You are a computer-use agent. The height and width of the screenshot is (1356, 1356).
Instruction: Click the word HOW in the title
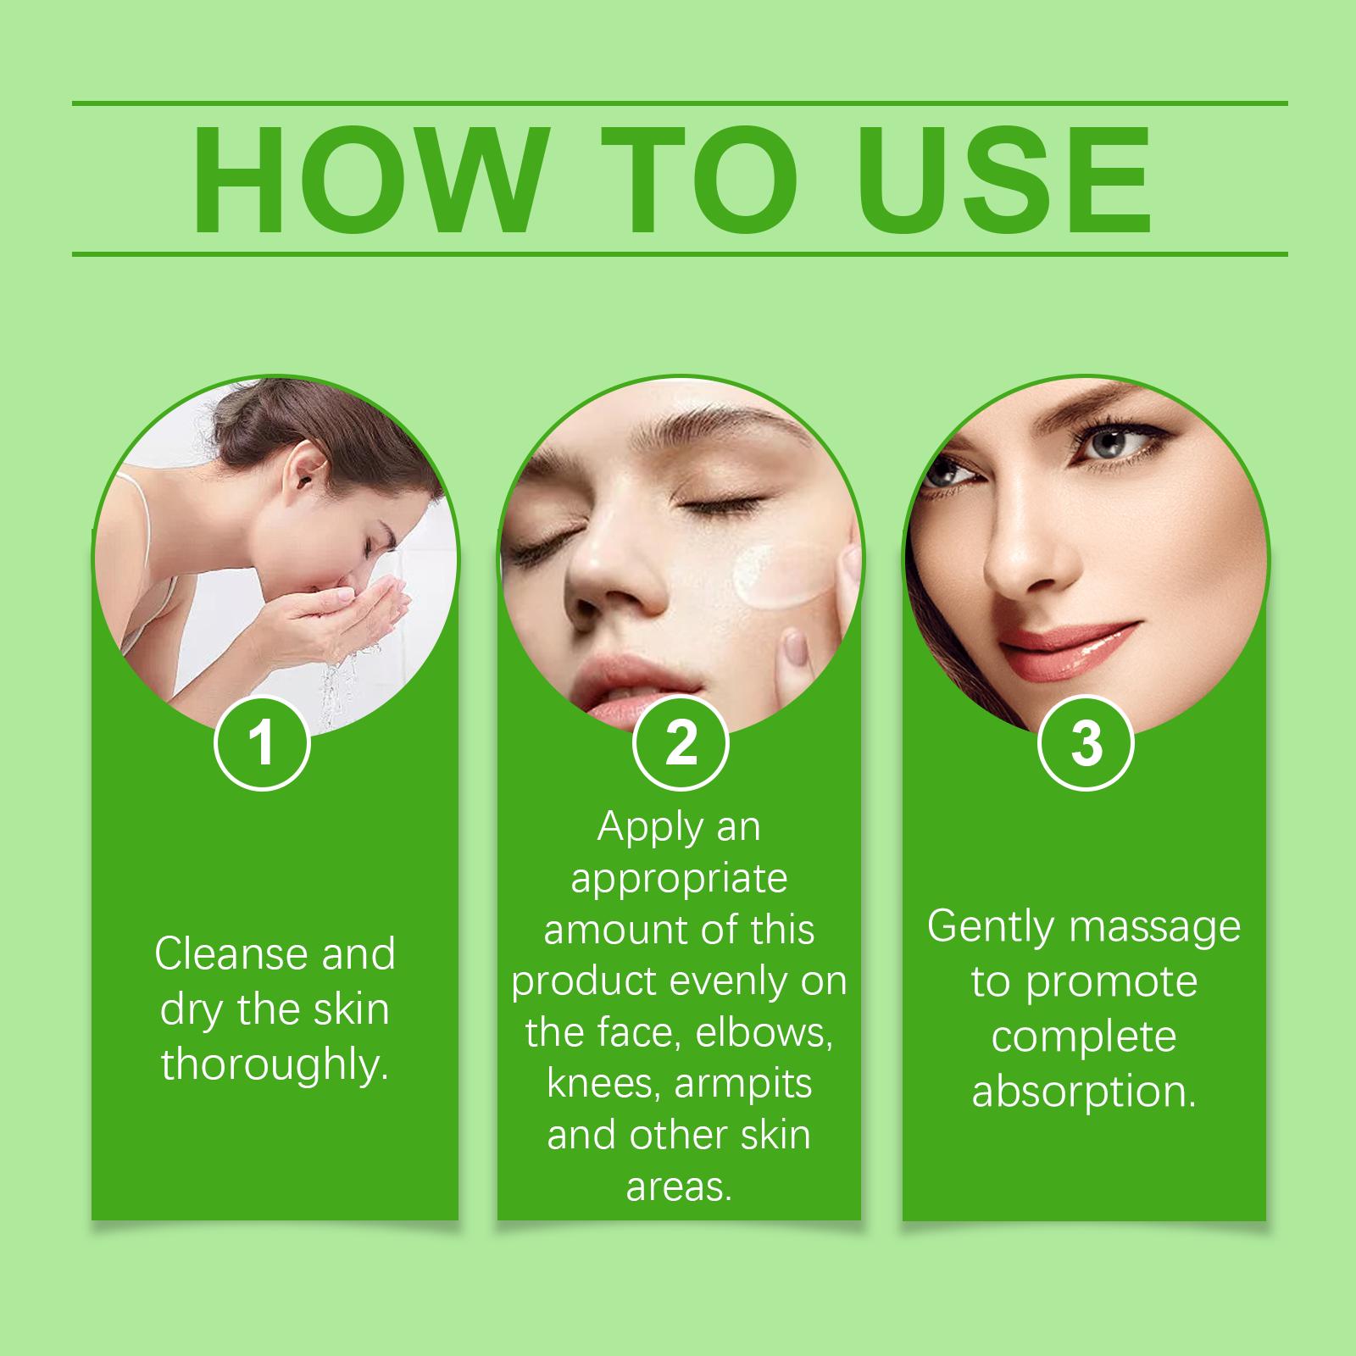point(366,180)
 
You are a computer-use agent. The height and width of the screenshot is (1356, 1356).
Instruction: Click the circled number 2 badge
point(681,743)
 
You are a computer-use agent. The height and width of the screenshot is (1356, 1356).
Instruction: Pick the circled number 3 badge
point(1086,743)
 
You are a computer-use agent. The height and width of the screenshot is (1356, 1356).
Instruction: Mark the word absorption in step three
point(1084,1092)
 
